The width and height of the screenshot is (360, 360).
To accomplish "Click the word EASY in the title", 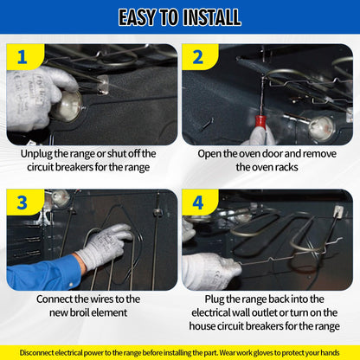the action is tap(138, 17).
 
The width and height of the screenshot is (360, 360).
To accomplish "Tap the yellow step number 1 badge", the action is tap(24, 57).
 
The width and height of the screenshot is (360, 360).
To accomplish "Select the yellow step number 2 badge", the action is tap(200, 57).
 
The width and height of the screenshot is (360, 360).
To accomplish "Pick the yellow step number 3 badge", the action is tap(24, 202).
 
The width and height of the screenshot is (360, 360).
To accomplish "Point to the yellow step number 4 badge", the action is tap(200, 202).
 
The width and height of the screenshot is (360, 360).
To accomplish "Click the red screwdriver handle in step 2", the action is tap(260, 121).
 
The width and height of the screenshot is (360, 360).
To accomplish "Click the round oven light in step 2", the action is tap(321, 128).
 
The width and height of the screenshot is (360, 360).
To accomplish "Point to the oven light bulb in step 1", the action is tap(68, 106).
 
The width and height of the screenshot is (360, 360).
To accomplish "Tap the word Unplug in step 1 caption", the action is tap(36, 154).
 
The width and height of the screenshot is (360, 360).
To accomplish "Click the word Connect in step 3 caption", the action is tap(55, 299).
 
